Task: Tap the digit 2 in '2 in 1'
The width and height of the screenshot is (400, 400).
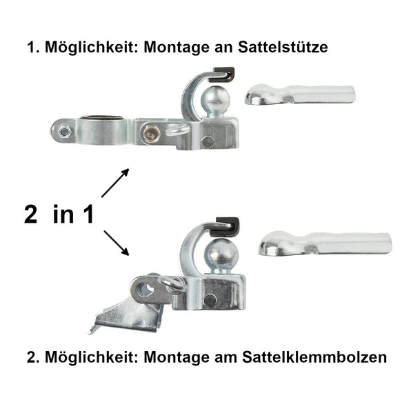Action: tap(31, 214)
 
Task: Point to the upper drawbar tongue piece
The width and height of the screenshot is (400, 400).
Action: tap(299, 93)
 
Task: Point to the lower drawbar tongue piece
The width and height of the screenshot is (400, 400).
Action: tap(324, 244)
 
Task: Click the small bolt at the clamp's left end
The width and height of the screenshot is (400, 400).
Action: tap(64, 131)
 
